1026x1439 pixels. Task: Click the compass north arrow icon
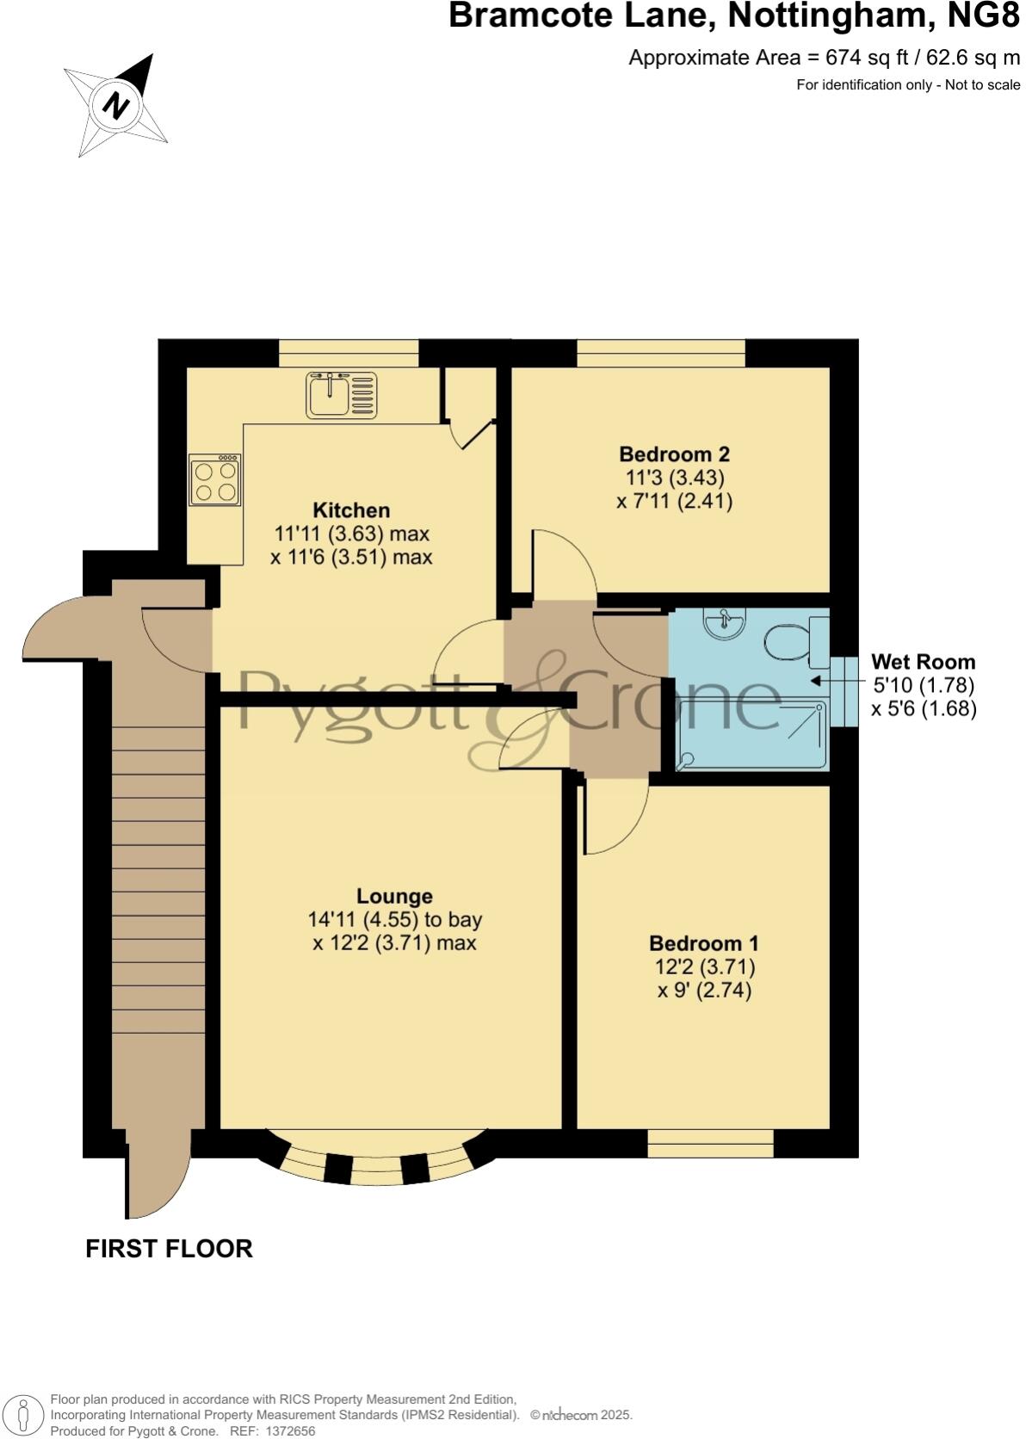pyautogui.click(x=116, y=105)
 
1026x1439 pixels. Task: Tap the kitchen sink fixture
pyautogui.click(x=341, y=395)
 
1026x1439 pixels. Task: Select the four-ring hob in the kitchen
pyautogui.click(x=215, y=480)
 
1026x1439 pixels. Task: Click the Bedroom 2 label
pyautogui.click(x=675, y=454)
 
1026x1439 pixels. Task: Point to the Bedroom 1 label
pyautogui.click(x=703, y=943)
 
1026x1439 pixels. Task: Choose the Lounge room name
pyautogui.click(x=394, y=897)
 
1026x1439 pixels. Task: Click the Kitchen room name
pyautogui.click(x=351, y=510)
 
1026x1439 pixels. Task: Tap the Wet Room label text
pyautogui.click(x=923, y=662)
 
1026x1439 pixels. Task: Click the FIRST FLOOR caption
pyautogui.click(x=169, y=1249)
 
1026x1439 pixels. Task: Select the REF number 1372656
pyautogui.click(x=292, y=1431)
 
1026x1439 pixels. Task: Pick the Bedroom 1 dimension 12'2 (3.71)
pyautogui.click(x=704, y=967)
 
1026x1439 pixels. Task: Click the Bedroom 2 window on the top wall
pyautogui.click(x=660, y=353)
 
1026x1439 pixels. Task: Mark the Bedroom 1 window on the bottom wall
pyautogui.click(x=710, y=1143)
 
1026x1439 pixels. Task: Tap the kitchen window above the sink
pyautogui.click(x=349, y=353)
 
